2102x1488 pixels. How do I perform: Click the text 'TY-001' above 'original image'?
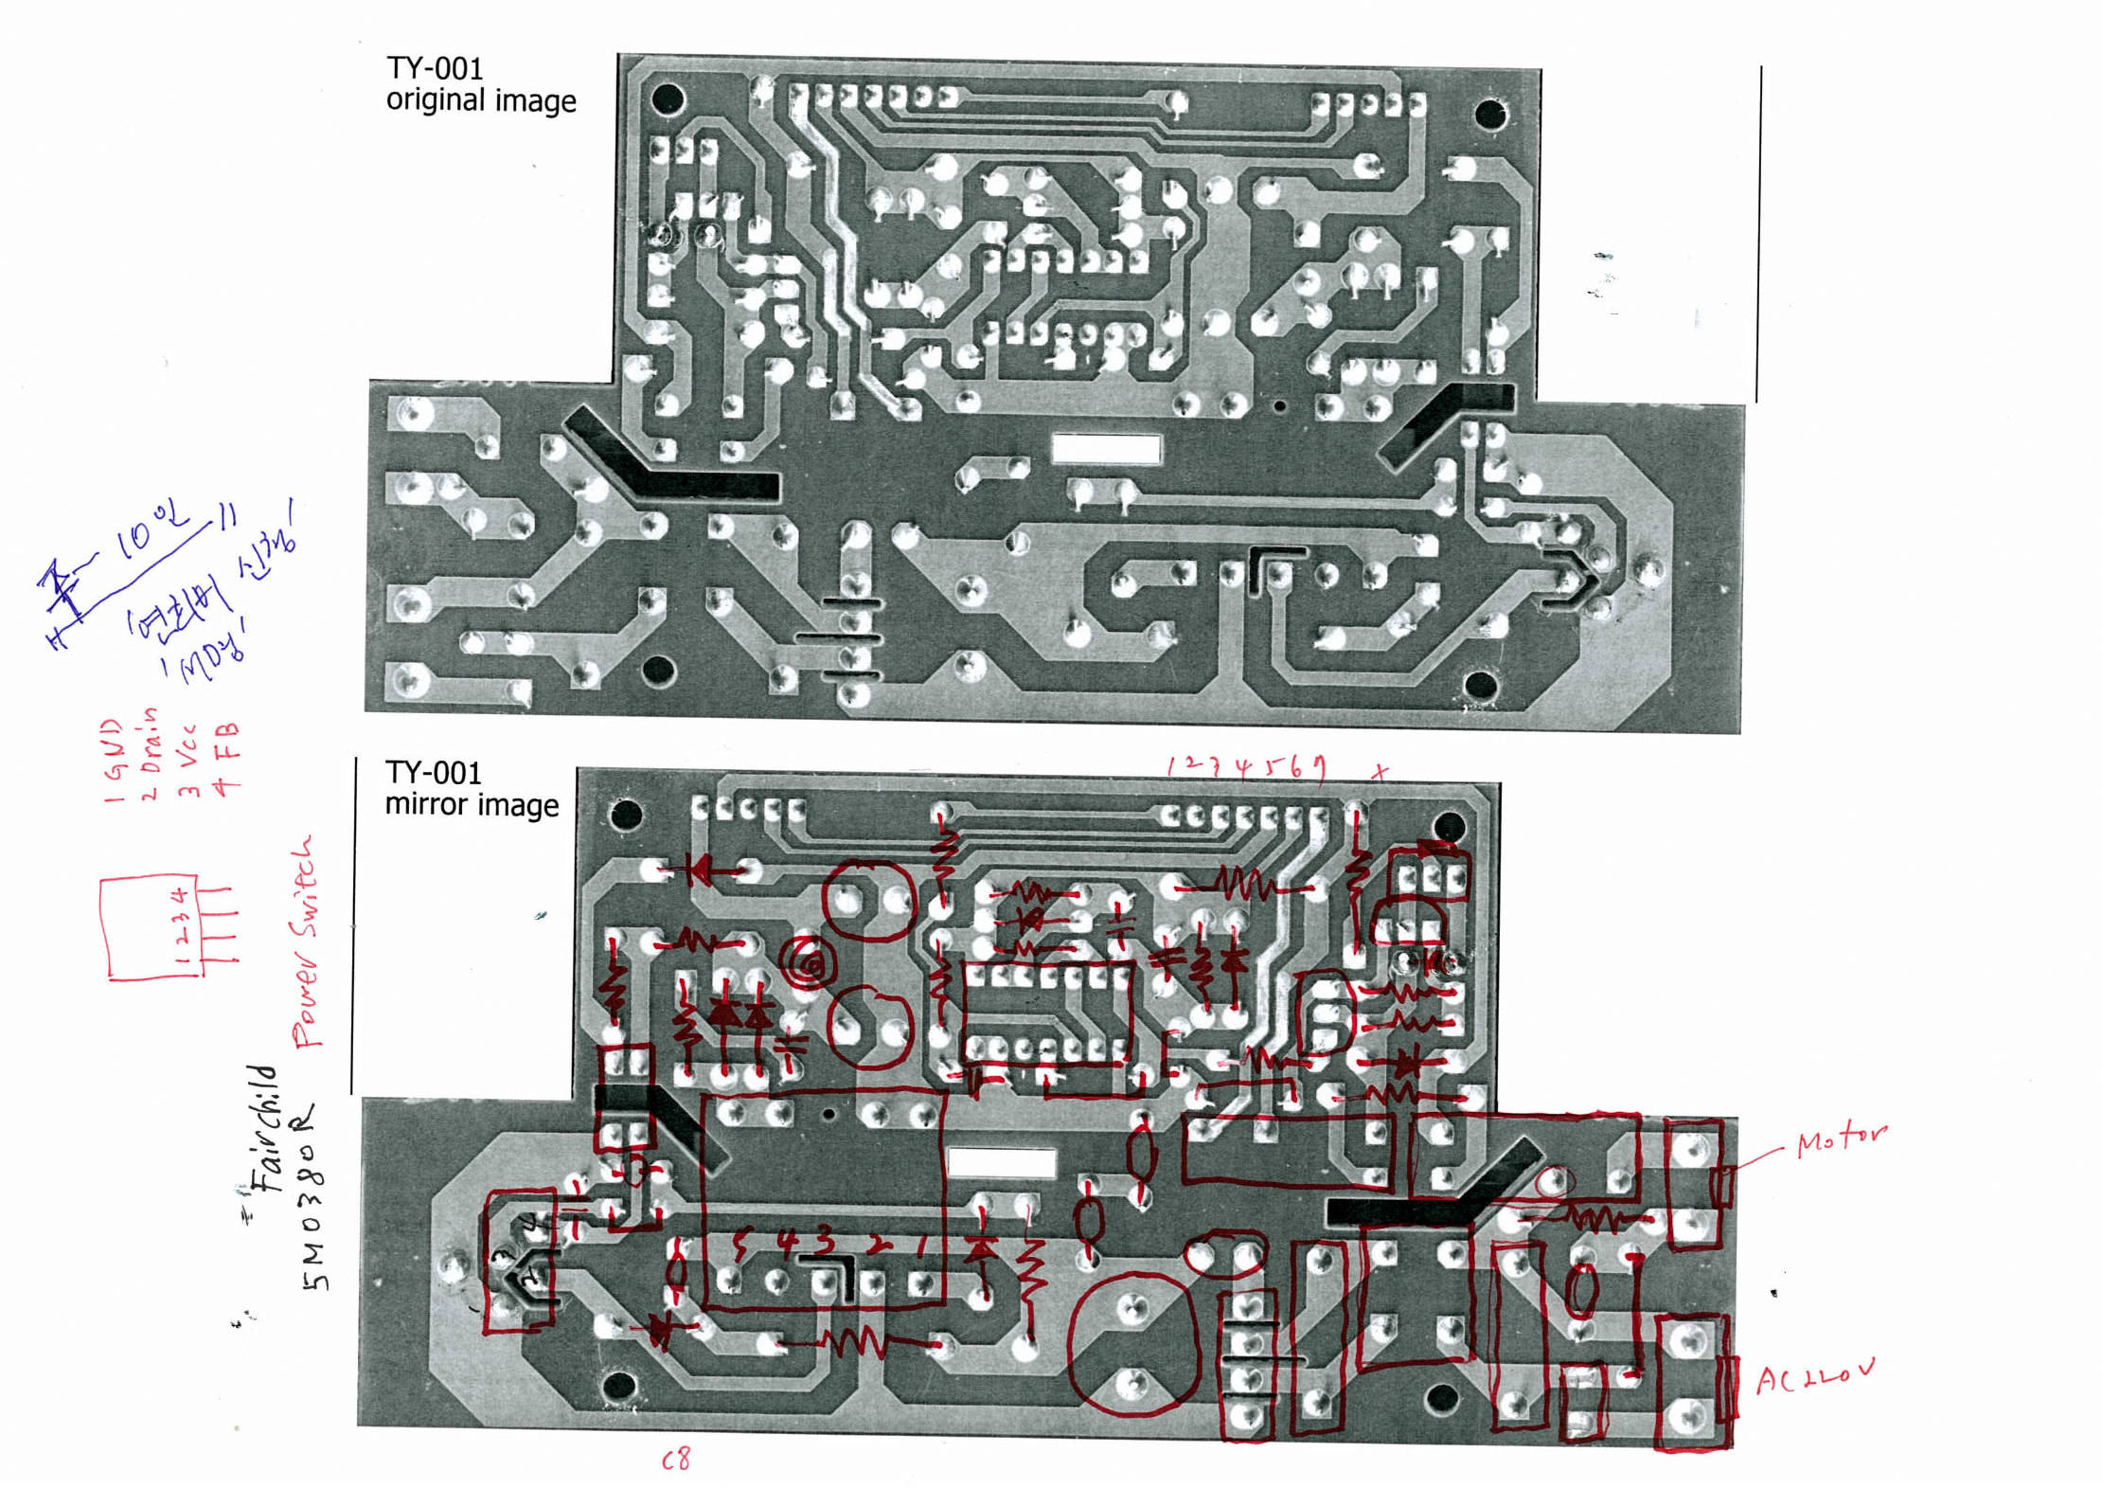click(435, 69)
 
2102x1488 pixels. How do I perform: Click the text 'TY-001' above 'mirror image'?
click(433, 773)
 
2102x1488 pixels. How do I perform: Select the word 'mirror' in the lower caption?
click(425, 805)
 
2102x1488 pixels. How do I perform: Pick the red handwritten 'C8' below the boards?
click(676, 1460)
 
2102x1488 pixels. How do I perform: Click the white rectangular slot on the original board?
click(1106, 449)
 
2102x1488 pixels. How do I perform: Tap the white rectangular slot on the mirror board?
click(1001, 1162)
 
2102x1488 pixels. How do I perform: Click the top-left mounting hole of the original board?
click(668, 98)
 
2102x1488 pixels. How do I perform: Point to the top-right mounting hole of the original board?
click(1490, 115)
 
